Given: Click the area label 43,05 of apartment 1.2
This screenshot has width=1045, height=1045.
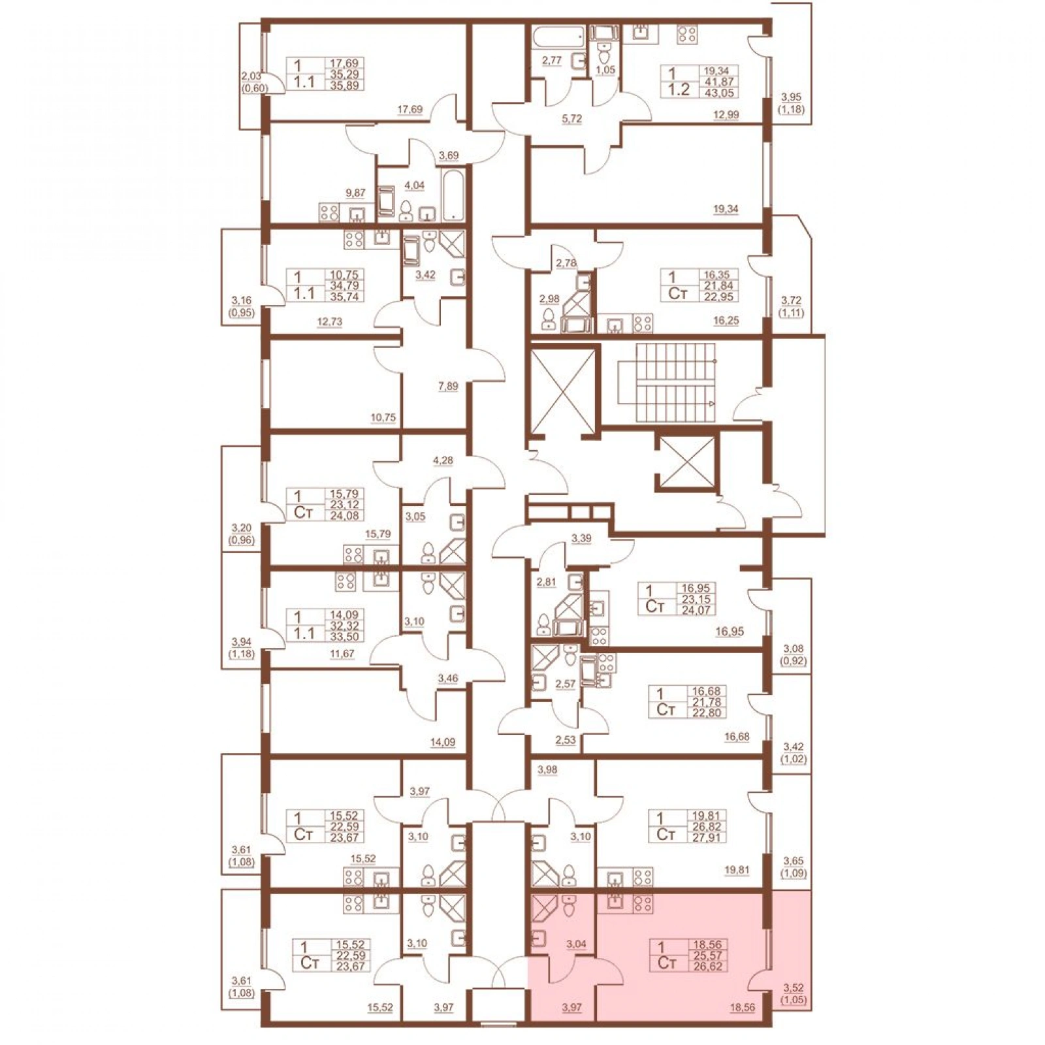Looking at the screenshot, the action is (718, 93).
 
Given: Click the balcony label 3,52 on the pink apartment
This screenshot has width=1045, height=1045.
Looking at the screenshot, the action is (793, 988).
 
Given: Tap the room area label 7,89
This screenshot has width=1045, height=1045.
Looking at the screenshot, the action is (448, 386).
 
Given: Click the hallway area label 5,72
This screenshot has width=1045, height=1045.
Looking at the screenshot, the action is (571, 119).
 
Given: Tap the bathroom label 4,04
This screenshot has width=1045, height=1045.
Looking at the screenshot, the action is (414, 185).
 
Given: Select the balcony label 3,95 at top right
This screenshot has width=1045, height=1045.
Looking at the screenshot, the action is (790, 98).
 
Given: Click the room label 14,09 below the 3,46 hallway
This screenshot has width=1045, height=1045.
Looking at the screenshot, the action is (442, 742).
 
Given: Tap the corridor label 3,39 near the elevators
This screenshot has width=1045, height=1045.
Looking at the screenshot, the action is (581, 539).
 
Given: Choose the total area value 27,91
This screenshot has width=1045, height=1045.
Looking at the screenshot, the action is (707, 837).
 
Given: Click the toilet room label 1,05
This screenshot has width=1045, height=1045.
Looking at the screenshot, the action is (605, 69).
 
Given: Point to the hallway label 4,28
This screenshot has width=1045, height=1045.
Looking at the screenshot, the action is (443, 460).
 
